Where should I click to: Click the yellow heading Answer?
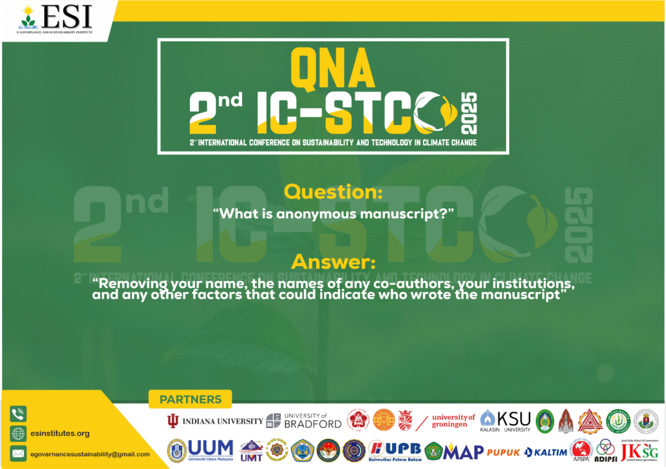pyautogui.click(x=333, y=262)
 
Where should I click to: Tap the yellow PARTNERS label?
pyautogui.click(x=190, y=399)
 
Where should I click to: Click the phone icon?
pyautogui.click(x=18, y=413)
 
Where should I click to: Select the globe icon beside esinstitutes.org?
pyautogui.click(x=18, y=433)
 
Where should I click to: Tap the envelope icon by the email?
pyautogui.click(x=18, y=453)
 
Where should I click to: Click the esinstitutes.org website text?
pyautogui.click(x=60, y=433)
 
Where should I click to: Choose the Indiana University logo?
pyautogui.click(x=215, y=421)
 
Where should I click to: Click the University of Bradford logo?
pyautogui.click(x=304, y=421)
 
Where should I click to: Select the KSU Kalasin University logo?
pyautogui.click(x=506, y=421)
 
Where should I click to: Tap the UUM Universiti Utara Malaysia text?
pyautogui.click(x=210, y=449)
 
